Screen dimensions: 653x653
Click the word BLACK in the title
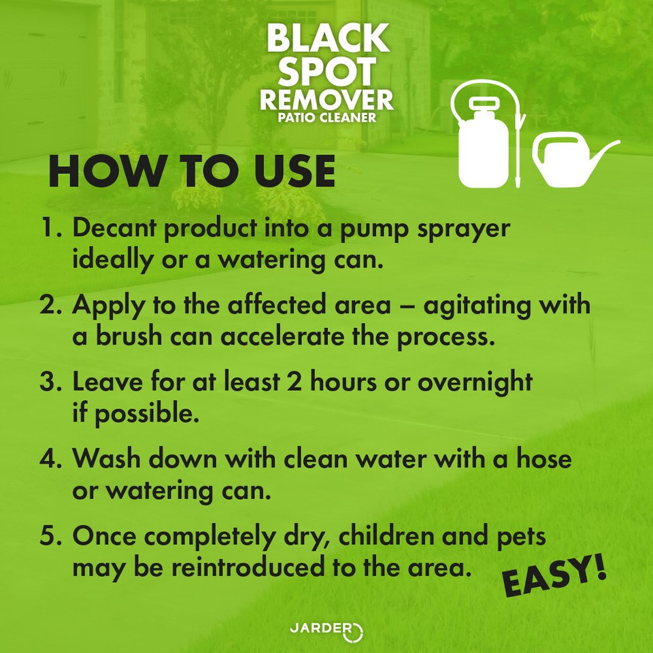click(327, 39)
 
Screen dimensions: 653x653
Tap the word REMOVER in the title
click(326, 99)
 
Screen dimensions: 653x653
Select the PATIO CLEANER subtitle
click(326, 117)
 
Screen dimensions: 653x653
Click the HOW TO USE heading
click(192, 173)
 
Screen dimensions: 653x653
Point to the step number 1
click(50, 229)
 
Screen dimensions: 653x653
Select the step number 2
click(50, 305)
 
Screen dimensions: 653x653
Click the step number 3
click(50, 382)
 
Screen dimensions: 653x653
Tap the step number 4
click(50, 458)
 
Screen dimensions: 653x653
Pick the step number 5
click(50, 536)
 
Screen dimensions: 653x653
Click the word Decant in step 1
click(114, 229)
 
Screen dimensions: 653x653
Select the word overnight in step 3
click(475, 382)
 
